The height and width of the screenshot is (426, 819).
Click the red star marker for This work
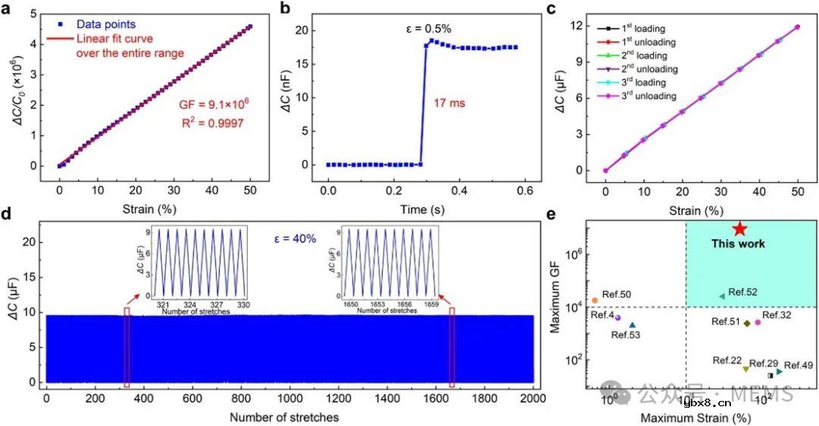740,229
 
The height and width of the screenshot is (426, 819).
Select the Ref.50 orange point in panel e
595,301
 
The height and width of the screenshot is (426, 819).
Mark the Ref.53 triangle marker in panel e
632,325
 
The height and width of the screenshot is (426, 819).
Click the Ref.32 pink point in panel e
757,323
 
